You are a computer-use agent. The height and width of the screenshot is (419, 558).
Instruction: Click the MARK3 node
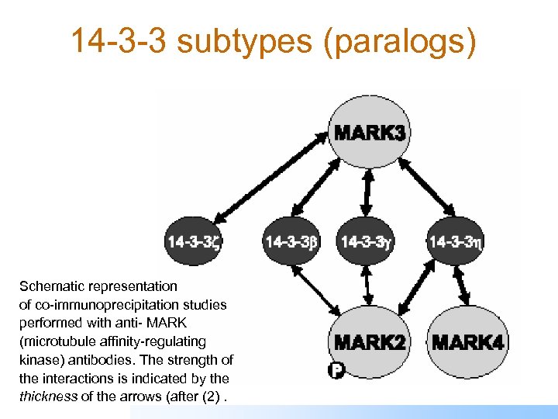(x=369, y=133)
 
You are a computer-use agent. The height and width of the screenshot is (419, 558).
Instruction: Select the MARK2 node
(x=369, y=342)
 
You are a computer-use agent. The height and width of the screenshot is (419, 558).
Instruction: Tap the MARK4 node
(x=467, y=342)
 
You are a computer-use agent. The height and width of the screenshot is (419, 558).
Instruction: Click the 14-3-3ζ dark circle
(x=193, y=241)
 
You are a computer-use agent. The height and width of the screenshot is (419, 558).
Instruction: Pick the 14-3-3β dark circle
(x=291, y=241)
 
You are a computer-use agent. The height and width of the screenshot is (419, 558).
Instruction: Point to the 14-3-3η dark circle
(x=456, y=241)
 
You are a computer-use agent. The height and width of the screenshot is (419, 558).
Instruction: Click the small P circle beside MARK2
(x=336, y=371)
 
